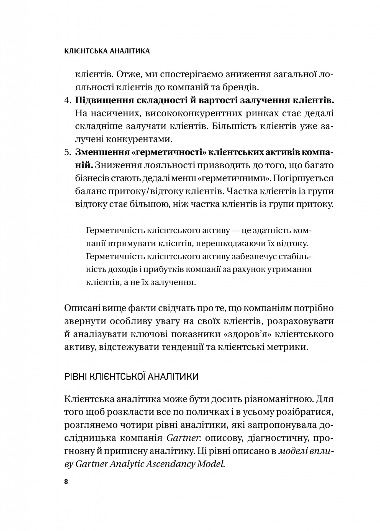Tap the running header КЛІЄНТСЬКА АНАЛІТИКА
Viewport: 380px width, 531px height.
(107, 51)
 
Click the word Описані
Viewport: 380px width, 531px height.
(81, 308)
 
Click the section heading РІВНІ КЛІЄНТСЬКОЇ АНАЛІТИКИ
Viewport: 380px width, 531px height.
(131, 377)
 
